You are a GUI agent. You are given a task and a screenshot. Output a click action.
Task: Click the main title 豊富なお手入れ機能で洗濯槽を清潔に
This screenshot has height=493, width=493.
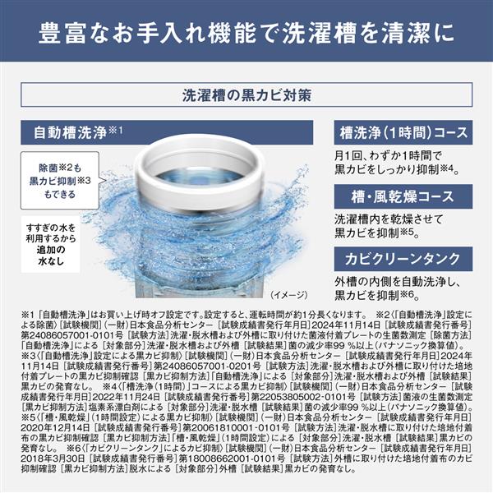coord(246,37)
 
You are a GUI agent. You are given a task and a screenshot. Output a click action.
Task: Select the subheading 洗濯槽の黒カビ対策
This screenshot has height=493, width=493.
coord(246,94)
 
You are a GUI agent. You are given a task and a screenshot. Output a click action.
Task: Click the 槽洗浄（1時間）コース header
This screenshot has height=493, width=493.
coord(403,132)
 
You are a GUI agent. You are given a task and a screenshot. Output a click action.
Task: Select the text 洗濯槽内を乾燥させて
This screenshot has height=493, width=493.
coord(381,219)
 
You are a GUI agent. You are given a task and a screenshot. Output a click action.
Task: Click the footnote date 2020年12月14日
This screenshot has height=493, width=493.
coord(51,427)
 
